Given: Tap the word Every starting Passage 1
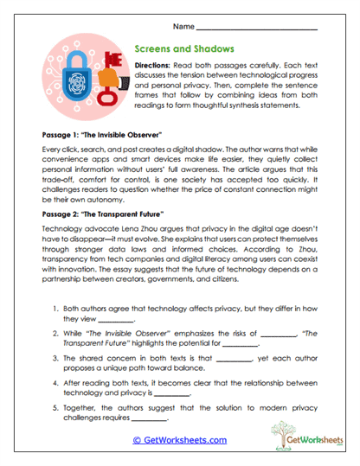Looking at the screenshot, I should (x=54, y=149).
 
